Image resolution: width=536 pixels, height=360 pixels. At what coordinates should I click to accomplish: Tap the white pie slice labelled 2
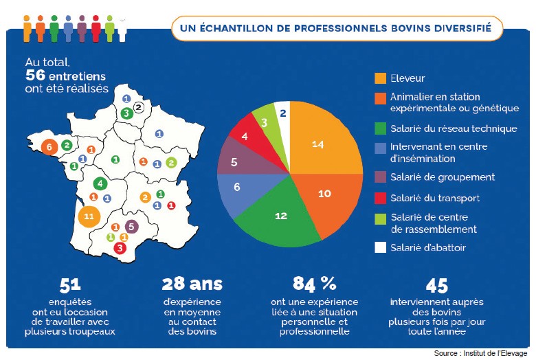click(x=282, y=112)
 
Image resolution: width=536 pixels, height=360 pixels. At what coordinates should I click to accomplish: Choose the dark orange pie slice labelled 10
click(x=325, y=194)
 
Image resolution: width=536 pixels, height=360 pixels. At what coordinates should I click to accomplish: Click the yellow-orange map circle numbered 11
click(x=89, y=216)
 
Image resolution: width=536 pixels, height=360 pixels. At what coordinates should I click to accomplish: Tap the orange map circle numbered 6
click(x=49, y=147)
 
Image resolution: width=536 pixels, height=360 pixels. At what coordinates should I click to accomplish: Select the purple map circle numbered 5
click(x=132, y=227)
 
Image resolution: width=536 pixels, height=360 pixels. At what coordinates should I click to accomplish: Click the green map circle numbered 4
click(x=101, y=183)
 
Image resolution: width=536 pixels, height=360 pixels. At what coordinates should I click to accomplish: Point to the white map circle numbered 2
click(x=138, y=106)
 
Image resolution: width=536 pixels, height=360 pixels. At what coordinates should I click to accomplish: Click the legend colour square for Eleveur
click(x=381, y=78)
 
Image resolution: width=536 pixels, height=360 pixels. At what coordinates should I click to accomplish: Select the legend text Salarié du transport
click(x=434, y=198)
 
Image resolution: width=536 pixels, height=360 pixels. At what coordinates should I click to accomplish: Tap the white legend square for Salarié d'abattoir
click(x=381, y=247)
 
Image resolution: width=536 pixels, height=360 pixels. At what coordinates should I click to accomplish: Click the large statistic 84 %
click(x=315, y=283)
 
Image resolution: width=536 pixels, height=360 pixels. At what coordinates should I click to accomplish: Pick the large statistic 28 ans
click(x=192, y=283)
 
